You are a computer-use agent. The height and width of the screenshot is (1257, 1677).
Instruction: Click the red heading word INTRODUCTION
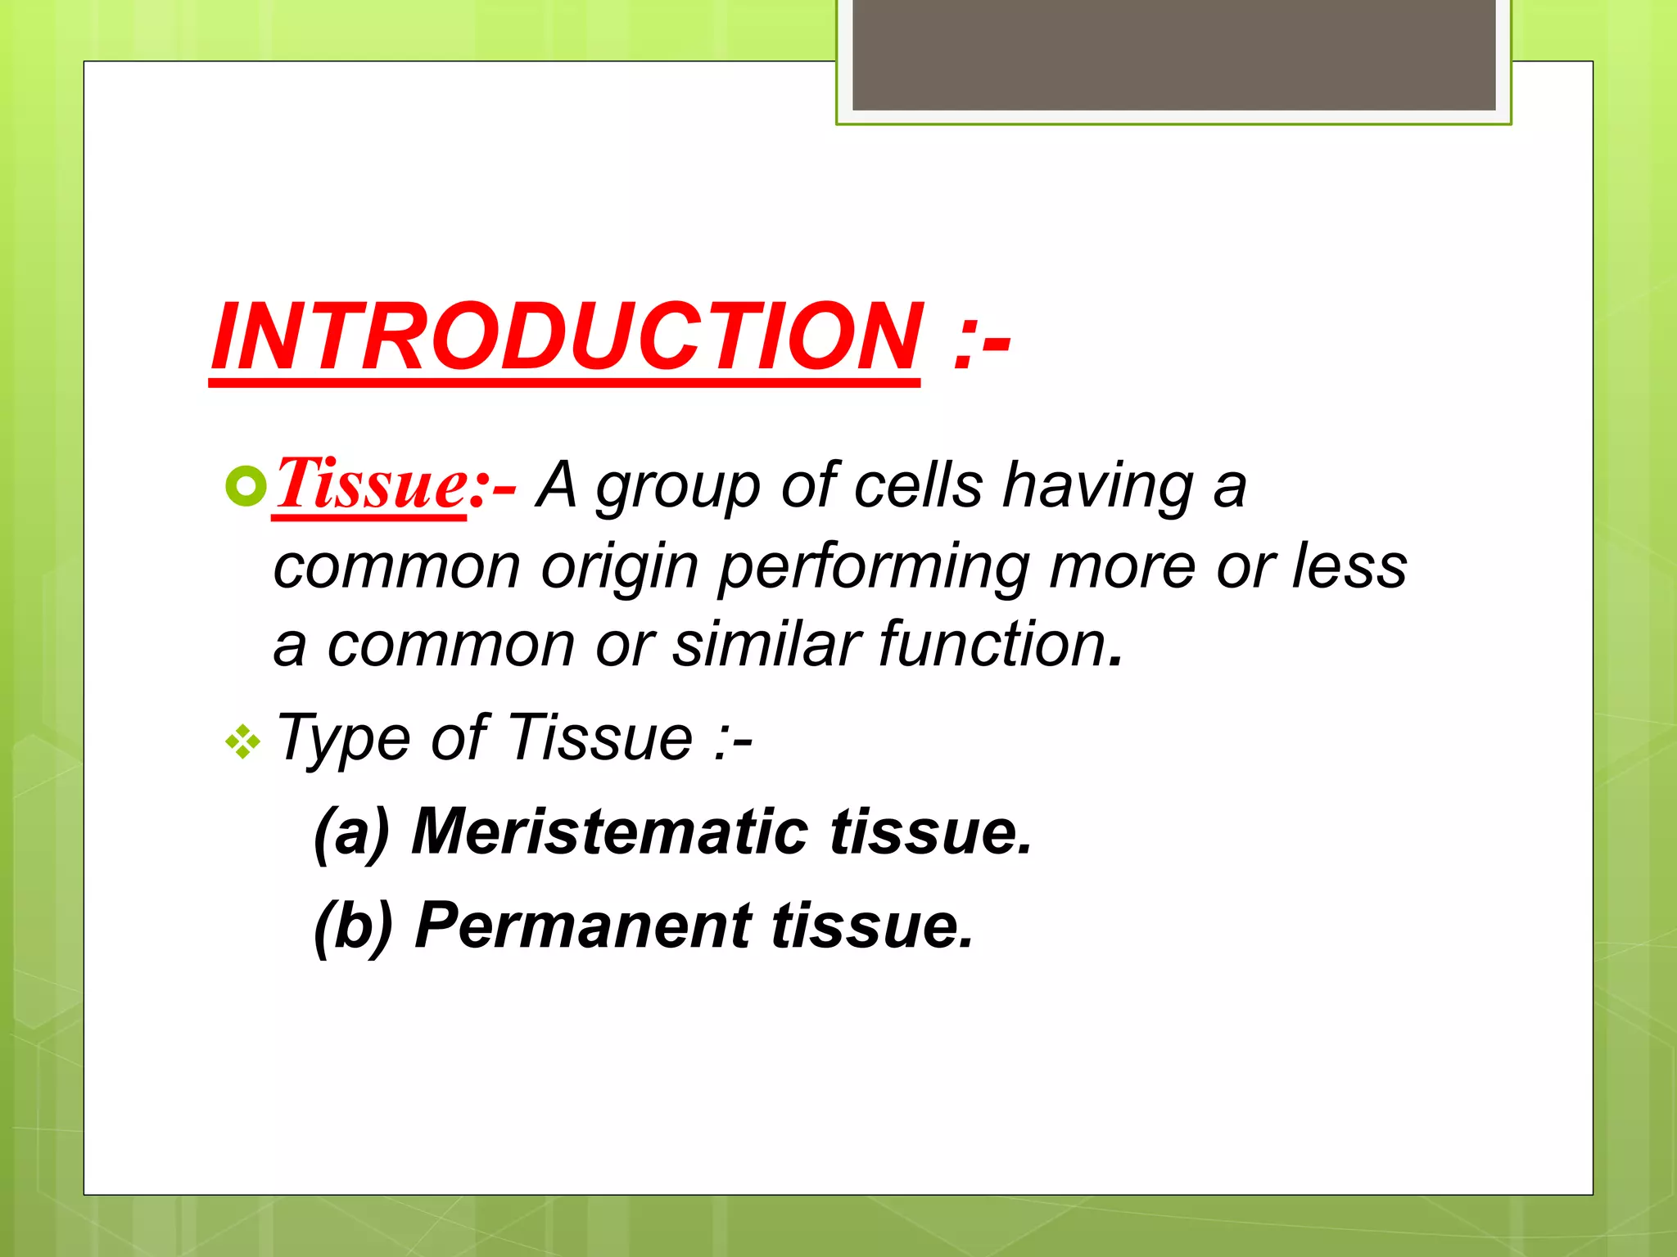(x=565, y=337)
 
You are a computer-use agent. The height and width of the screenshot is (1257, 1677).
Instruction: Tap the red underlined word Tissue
(x=371, y=484)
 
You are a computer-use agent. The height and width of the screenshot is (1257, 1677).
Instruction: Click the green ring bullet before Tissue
(x=246, y=488)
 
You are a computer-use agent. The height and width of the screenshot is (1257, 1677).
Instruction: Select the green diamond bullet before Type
(x=243, y=742)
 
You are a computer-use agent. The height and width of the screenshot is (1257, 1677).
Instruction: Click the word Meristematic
(x=610, y=831)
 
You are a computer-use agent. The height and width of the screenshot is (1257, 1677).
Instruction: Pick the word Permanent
(x=583, y=926)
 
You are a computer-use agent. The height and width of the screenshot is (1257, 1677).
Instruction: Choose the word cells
(x=918, y=484)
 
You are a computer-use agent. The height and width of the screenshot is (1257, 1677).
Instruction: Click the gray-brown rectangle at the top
(x=1173, y=54)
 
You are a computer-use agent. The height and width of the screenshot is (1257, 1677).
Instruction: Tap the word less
(x=1349, y=566)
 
